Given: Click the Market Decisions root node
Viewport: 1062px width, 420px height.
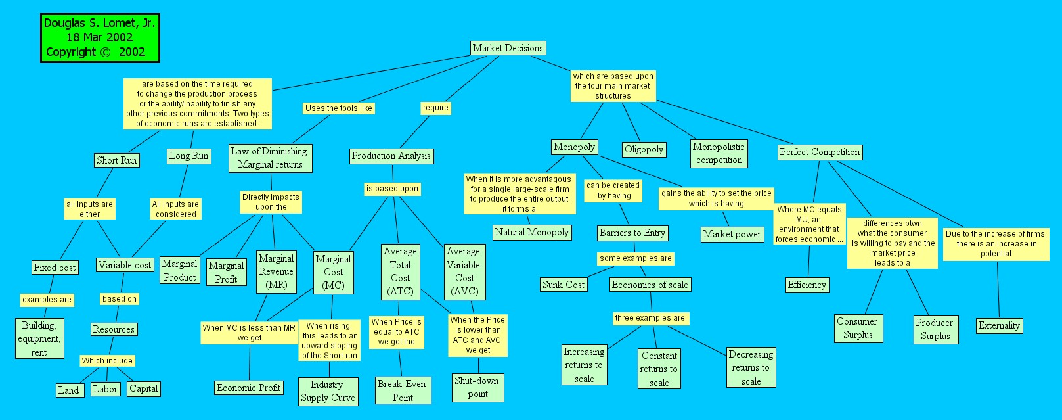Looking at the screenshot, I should click(x=508, y=48).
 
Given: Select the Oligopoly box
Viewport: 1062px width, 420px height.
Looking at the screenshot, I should click(x=644, y=149).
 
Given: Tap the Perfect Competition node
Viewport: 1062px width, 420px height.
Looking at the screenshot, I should click(x=820, y=152).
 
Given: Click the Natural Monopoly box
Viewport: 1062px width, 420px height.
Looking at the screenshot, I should click(x=532, y=232).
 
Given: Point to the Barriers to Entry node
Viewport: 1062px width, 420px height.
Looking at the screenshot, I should click(x=632, y=233).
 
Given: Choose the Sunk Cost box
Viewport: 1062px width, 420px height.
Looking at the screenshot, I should click(x=564, y=285).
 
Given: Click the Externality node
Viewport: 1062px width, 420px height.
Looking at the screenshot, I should click(x=999, y=325).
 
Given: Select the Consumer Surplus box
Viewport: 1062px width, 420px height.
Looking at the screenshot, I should click(x=858, y=328).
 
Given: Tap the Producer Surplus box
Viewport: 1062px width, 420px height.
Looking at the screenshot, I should click(x=935, y=329).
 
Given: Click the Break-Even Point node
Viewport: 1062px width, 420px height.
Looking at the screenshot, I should click(x=402, y=390).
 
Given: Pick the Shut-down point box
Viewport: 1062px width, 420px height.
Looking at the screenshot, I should click(x=477, y=387).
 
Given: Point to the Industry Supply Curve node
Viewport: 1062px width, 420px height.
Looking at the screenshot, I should click(x=328, y=391).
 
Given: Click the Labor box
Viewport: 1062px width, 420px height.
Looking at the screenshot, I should click(x=105, y=389).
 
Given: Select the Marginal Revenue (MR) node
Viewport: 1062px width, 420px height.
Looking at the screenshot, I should click(x=276, y=271).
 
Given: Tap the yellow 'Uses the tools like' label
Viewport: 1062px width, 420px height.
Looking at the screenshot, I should click(x=339, y=108).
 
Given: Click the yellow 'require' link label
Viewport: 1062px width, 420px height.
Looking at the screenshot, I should click(x=435, y=108).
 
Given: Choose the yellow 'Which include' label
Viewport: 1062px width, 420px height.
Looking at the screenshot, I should click(x=107, y=361).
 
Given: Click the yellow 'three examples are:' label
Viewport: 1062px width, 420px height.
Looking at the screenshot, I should click(x=651, y=318).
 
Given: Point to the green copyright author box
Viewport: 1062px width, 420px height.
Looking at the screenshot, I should click(x=100, y=38).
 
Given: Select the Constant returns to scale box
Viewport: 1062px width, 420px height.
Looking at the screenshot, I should click(x=659, y=369).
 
